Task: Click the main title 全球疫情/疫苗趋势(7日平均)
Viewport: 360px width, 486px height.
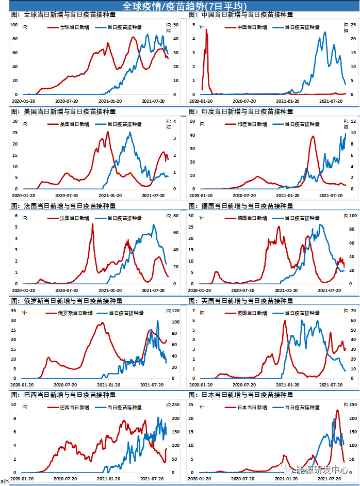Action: point(180,6)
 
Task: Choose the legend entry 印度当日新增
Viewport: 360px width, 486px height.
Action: point(253,124)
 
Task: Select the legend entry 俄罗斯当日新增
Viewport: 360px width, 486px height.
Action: point(76,313)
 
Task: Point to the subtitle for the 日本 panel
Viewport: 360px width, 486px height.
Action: point(241,395)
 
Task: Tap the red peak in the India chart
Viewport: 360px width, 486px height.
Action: point(313,136)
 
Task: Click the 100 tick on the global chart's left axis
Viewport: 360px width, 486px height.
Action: point(14,25)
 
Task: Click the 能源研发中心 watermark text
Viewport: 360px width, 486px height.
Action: point(322,469)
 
